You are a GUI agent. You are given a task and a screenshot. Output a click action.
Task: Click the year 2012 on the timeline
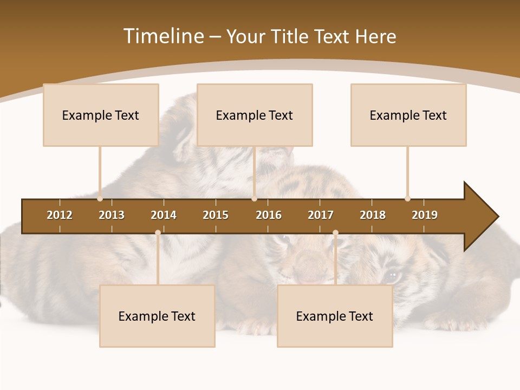click(60, 215)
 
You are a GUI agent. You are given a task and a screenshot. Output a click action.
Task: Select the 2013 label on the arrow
click(112, 215)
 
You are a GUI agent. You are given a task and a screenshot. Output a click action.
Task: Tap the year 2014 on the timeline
click(164, 215)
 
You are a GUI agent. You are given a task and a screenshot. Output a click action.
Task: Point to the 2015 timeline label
click(216, 215)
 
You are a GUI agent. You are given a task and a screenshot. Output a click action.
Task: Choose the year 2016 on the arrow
click(269, 215)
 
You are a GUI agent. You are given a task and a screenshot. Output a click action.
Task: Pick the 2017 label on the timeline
click(321, 215)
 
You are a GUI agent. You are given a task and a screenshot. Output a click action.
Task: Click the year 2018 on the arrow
click(373, 215)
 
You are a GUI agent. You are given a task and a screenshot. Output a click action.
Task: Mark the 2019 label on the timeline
click(425, 215)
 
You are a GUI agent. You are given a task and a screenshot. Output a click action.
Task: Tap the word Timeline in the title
click(163, 36)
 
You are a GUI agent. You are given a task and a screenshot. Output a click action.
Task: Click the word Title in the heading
click(292, 36)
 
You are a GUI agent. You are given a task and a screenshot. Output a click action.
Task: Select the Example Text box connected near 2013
click(101, 115)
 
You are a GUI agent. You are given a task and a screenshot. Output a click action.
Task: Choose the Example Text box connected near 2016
click(255, 115)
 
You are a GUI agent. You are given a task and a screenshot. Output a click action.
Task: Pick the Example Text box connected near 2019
click(408, 115)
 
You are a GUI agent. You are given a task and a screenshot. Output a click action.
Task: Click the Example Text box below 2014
click(157, 316)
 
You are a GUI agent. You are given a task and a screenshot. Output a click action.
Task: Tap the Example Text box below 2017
click(335, 316)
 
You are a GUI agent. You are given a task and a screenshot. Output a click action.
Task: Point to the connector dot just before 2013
click(100, 199)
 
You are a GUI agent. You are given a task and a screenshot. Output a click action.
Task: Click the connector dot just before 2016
click(254, 199)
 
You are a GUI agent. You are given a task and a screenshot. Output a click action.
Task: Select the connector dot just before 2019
click(408, 199)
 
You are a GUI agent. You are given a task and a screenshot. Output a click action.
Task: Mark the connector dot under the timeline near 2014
click(158, 233)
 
